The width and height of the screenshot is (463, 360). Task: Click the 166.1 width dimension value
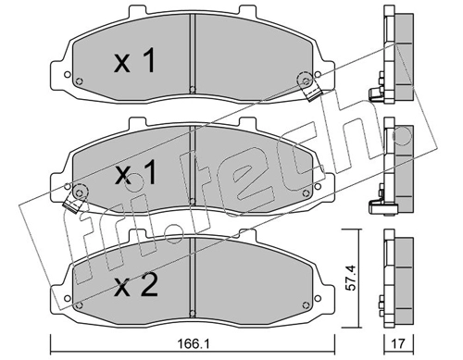[x=193, y=343]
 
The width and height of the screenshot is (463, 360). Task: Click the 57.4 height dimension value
[x=351, y=278]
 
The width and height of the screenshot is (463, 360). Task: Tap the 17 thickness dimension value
[x=398, y=343]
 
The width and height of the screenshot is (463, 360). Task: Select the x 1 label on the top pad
[x=134, y=61]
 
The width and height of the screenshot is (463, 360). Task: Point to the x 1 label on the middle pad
[x=134, y=173]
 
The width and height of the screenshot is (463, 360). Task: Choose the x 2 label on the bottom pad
[x=136, y=285]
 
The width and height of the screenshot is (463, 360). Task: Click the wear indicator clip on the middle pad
[x=75, y=198]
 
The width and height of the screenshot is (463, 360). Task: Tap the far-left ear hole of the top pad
[x=67, y=74]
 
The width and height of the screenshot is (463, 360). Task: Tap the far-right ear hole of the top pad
[x=318, y=74]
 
